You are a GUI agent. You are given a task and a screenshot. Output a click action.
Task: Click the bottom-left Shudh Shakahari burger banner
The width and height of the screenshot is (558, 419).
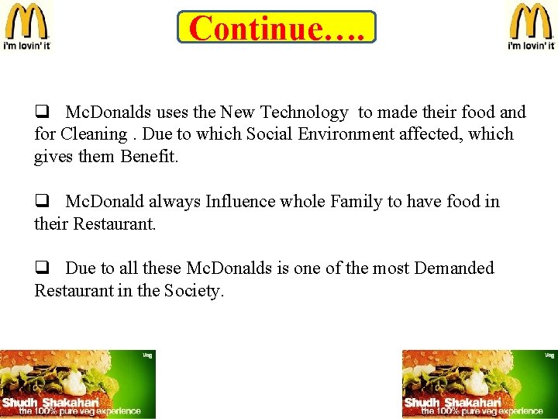(x=77, y=384)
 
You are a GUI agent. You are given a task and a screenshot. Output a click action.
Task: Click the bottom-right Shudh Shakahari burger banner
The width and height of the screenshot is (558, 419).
(x=479, y=384)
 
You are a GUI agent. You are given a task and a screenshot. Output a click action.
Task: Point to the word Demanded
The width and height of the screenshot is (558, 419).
(x=453, y=268)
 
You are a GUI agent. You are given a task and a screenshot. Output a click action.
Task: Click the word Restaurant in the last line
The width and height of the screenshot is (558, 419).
(x=74, y=291)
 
